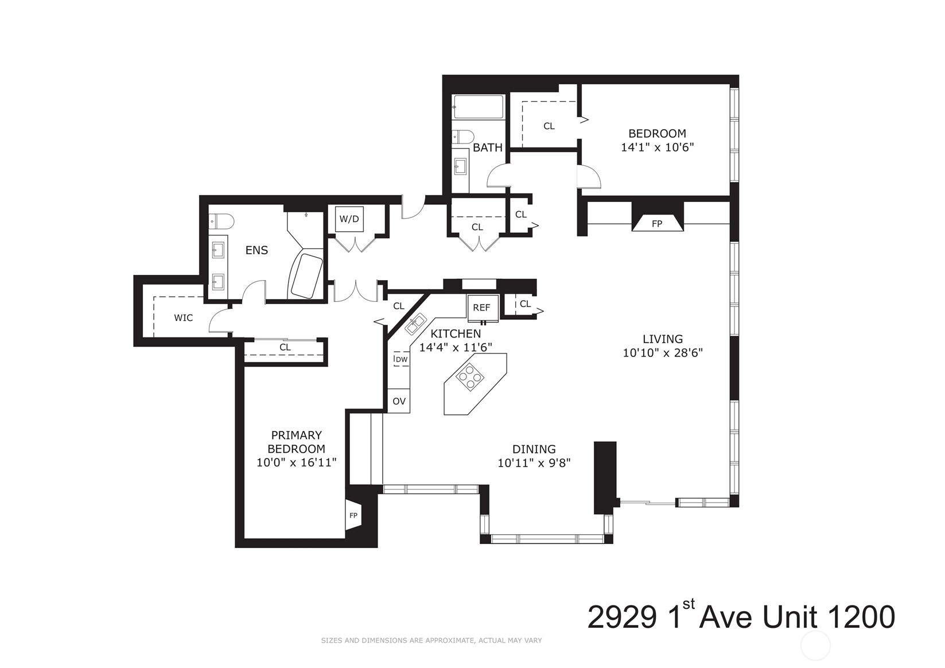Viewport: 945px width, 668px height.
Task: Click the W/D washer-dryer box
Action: click(349, 219)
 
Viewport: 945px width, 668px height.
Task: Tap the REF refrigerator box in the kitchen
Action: click(481, 307)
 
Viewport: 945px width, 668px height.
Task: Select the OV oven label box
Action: click(399, 401)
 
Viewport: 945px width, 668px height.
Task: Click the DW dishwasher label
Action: click(401, 360)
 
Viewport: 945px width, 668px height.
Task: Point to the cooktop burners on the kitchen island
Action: click(470, 377)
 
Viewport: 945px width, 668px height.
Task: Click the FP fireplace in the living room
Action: click(657, 223)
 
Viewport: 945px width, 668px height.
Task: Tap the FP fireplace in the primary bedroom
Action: click(353, 515)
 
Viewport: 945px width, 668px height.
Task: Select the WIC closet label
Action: click(184, 317)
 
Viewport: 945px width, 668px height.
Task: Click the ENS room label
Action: click(256, 250)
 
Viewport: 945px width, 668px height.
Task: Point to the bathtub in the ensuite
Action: click(306, 275)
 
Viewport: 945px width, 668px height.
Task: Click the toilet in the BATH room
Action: click(462, 136)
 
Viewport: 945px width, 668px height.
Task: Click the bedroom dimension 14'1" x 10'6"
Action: click(658, 147)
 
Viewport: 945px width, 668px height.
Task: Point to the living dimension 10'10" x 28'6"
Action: click(663, 353)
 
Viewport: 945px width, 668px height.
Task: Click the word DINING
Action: click(534, 449)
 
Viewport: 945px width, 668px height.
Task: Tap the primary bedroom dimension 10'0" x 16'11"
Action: click(296, 462)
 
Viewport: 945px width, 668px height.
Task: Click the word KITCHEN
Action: click(456, 334)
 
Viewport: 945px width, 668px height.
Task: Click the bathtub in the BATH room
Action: click(478, 107)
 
